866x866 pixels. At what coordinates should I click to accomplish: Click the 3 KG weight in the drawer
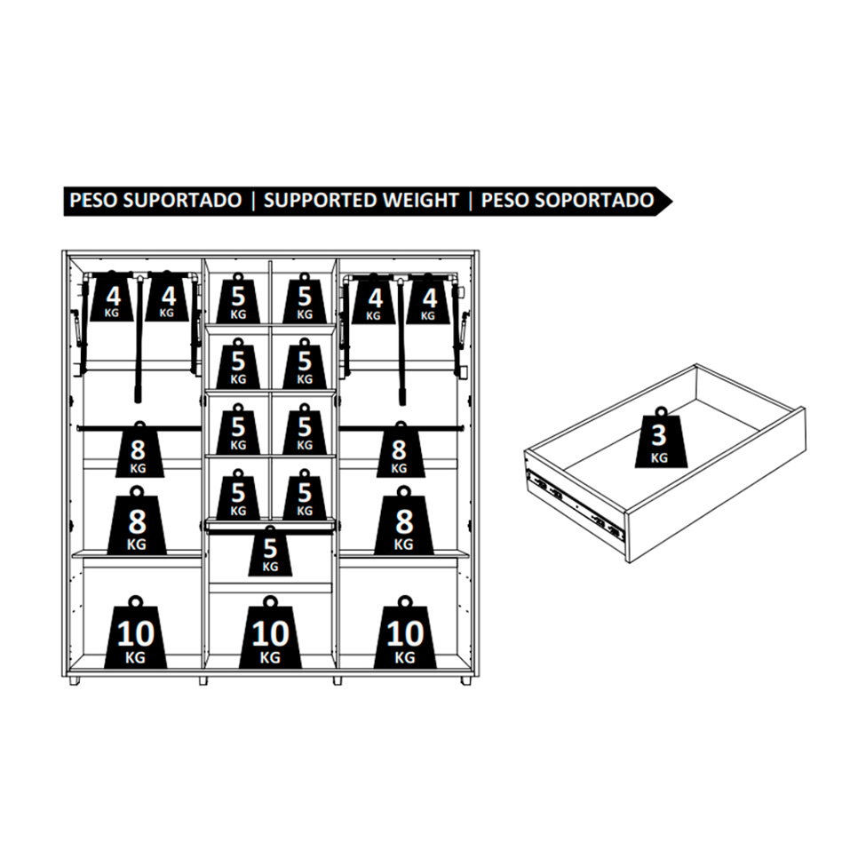661,438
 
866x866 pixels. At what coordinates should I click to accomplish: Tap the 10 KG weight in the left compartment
135,633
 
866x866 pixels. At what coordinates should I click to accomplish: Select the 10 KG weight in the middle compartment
270,633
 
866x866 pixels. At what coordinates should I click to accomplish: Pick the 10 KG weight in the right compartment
405,633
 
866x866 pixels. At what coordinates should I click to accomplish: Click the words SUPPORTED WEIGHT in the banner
361,200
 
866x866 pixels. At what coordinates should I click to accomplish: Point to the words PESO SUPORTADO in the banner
155,200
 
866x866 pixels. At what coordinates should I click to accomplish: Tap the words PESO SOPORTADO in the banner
568,200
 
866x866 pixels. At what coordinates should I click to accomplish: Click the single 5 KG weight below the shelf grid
270,552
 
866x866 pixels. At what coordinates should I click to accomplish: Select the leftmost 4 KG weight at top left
112,298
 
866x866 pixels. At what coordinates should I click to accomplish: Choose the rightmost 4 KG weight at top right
429,300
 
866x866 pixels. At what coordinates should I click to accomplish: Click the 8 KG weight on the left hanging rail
139,450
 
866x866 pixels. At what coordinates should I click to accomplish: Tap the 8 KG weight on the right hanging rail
401,450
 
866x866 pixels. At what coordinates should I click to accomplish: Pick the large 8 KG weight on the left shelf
137,521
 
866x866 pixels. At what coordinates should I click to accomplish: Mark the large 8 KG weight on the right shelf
404,521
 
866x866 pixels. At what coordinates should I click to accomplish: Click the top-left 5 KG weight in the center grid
238,298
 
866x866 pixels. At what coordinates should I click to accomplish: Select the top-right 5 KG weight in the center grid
305,298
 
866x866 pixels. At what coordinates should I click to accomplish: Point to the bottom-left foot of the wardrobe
74,681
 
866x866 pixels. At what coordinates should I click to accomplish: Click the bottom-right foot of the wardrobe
466,681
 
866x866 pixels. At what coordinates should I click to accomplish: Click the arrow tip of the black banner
671,201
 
